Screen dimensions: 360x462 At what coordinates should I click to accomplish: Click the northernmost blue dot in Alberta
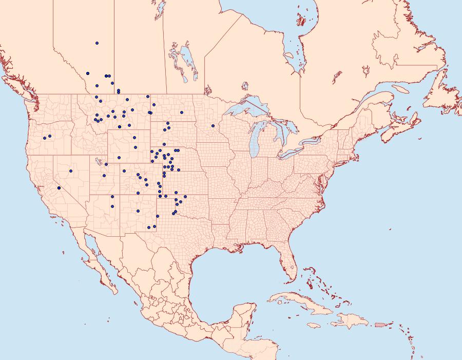point(97,43)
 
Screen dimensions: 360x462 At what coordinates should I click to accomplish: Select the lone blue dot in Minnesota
point(213,126)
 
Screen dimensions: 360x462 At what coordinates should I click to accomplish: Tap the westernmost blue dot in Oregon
point(45,138)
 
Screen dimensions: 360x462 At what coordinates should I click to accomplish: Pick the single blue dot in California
point(59,188)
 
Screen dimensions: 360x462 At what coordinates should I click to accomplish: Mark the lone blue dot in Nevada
point(71,171)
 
